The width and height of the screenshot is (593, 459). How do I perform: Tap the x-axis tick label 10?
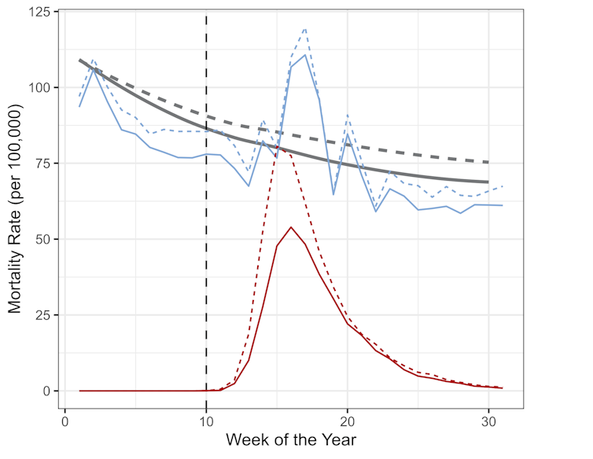[206, 420]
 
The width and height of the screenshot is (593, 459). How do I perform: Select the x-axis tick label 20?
[348, 420]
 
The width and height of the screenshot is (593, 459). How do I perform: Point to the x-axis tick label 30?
[488, 420]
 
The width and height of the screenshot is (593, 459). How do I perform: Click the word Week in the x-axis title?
[245, 440]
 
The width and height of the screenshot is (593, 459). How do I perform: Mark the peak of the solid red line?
[291, 227]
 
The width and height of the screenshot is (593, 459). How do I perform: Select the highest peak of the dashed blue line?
[304, 28]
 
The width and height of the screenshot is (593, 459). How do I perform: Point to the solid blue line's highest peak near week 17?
[305, 54]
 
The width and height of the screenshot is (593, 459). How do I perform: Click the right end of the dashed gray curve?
[488, 162]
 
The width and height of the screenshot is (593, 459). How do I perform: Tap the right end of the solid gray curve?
[488, 182]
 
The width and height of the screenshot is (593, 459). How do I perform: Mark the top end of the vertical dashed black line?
[206, 13]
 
